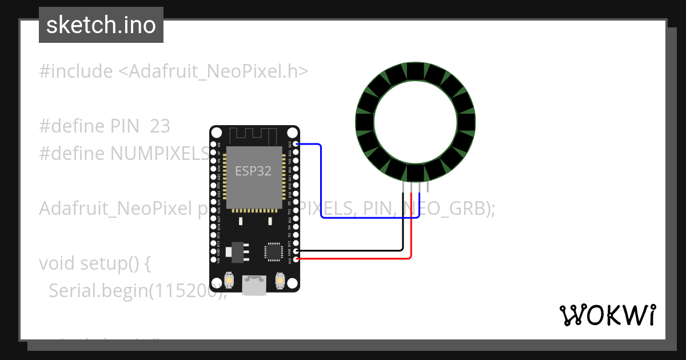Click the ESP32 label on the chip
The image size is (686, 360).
click(x=253, y=170)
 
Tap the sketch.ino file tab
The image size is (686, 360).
click(x=101, y=25)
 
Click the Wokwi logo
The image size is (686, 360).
click(x=607, y=315)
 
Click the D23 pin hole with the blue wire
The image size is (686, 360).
click(x=296, y=145)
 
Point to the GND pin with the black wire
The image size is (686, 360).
click(x=296, y=250)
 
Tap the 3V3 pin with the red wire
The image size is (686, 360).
click(x=296, y=259)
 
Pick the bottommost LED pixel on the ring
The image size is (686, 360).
click(x=416, y=172)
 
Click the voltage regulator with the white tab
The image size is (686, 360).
click(x=234, y=251)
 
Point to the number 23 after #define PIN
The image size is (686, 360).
click(x=160, y=126)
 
